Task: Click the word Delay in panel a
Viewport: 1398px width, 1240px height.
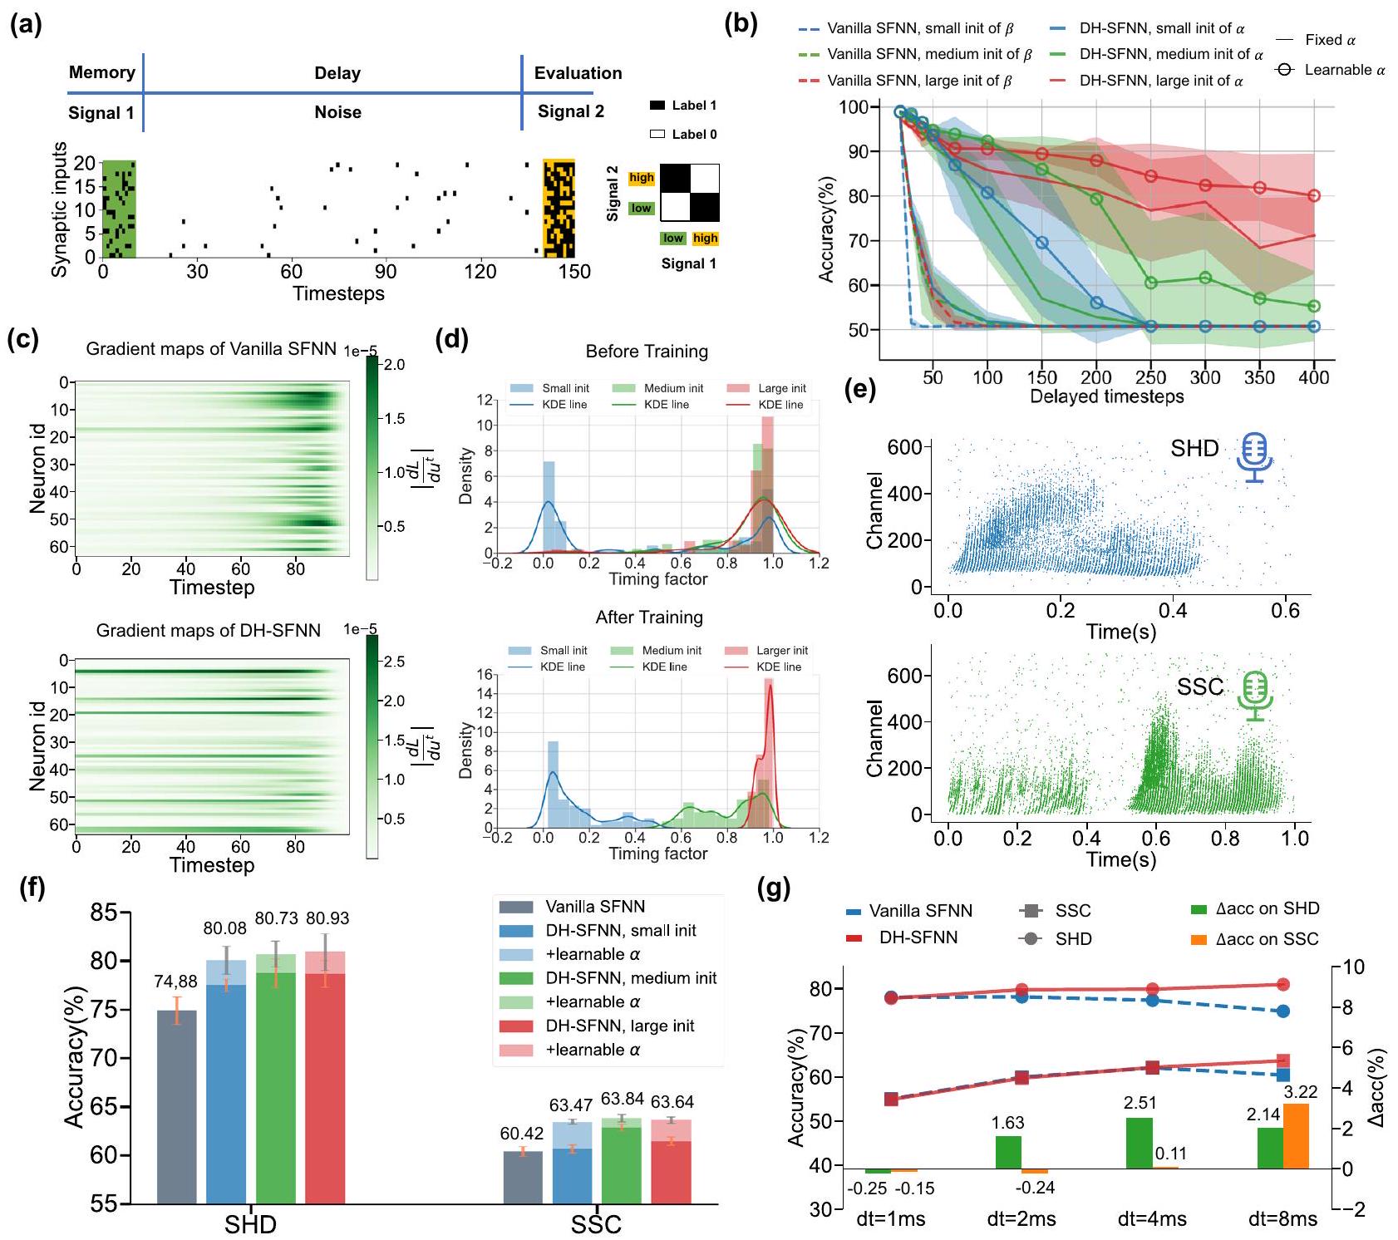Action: tap(337, 73)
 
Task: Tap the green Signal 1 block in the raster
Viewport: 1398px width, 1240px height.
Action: tap(118, 209)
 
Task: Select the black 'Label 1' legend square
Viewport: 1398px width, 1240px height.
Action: tap(657, 106)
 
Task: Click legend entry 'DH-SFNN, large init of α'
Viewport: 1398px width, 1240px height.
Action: tap(1160, 81)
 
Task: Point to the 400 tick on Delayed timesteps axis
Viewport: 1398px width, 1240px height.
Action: tap(1314, 377)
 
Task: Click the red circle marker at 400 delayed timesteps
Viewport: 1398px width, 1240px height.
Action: tap(1314, 196)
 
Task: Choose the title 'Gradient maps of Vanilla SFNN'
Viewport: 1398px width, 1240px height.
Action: tap(211, 349)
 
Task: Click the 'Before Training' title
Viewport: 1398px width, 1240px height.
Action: tap(647, 352)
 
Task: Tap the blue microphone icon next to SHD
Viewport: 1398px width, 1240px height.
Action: tap(1254, 456)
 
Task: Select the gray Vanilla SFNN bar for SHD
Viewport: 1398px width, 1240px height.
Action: tap(176, 1106)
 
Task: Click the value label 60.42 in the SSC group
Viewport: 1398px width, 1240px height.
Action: tap(521, 1134)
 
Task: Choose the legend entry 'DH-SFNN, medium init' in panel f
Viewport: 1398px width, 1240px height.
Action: tap(630, 978)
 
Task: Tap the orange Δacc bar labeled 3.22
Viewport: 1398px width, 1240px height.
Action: tap(1296, 1135)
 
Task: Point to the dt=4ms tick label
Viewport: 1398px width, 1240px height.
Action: tap(1152, 1219)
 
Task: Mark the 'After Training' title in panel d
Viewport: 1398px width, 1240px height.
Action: tap(649, 618)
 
